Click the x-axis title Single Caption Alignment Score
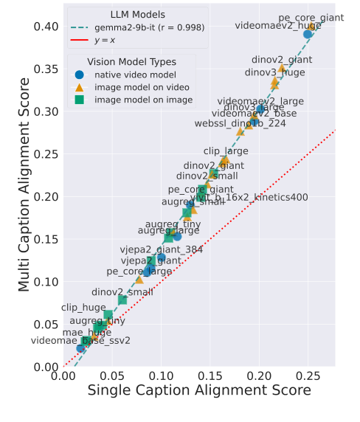pyautogui.click(x=199, y=390)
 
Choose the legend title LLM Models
pyautogui.click(x=138, y=14)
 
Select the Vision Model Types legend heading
pyautogui.click(x=131, y=62)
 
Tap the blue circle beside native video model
pyautogui.click(x=79, y=74)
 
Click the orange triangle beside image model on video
pyautogui.click(x=79, y=86)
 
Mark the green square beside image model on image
pyautogui.click(x=79, y=100)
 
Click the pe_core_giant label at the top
pyautogui.click(x=311, y=18)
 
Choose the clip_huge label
pyautogui.click(x=83, y=307)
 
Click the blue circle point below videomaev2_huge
pyautogui.click(x=308, y=34)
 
